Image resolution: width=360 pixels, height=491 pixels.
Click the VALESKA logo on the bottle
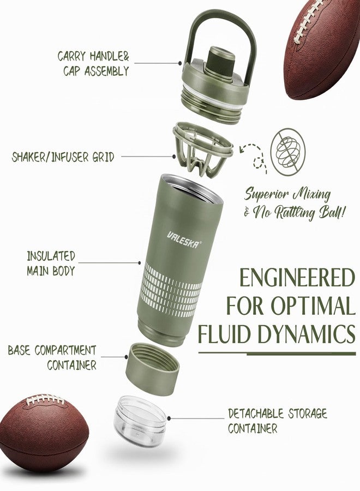coord(184,239)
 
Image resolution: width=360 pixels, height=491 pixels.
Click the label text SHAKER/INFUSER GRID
coord(63,157)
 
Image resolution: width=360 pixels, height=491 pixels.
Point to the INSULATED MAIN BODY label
coord(51,263)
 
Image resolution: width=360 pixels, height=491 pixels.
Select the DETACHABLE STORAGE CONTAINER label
coord(277,421)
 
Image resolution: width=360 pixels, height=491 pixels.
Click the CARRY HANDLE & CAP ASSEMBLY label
coord(93,64)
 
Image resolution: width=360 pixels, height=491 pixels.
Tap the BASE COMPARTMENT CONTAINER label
coord(52,357)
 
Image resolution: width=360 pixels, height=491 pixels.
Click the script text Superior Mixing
coord(287,194)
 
